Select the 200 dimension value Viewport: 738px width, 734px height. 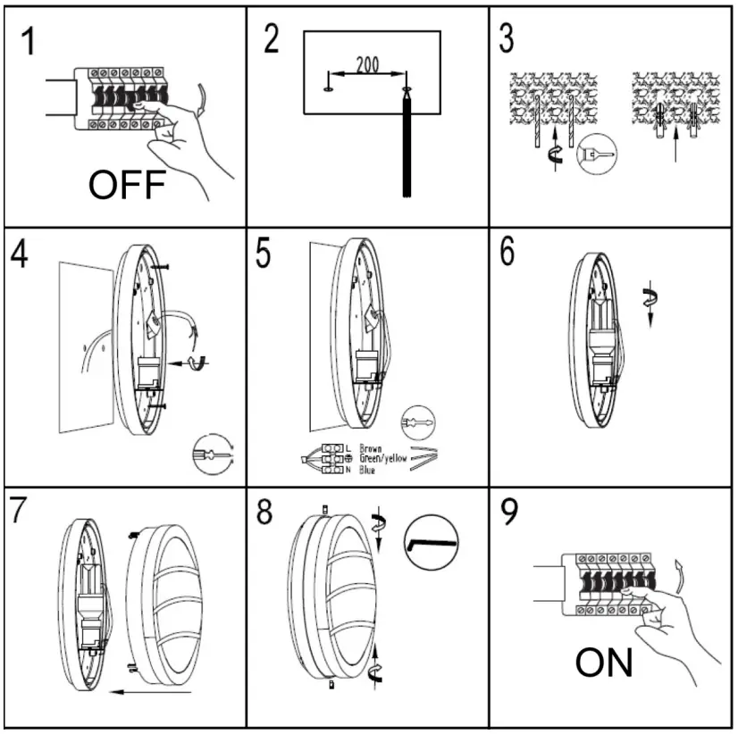point(366,64)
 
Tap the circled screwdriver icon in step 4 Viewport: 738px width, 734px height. point(212,455)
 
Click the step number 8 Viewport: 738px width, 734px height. point(264,516)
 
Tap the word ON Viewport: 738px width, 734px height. point(605,663)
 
